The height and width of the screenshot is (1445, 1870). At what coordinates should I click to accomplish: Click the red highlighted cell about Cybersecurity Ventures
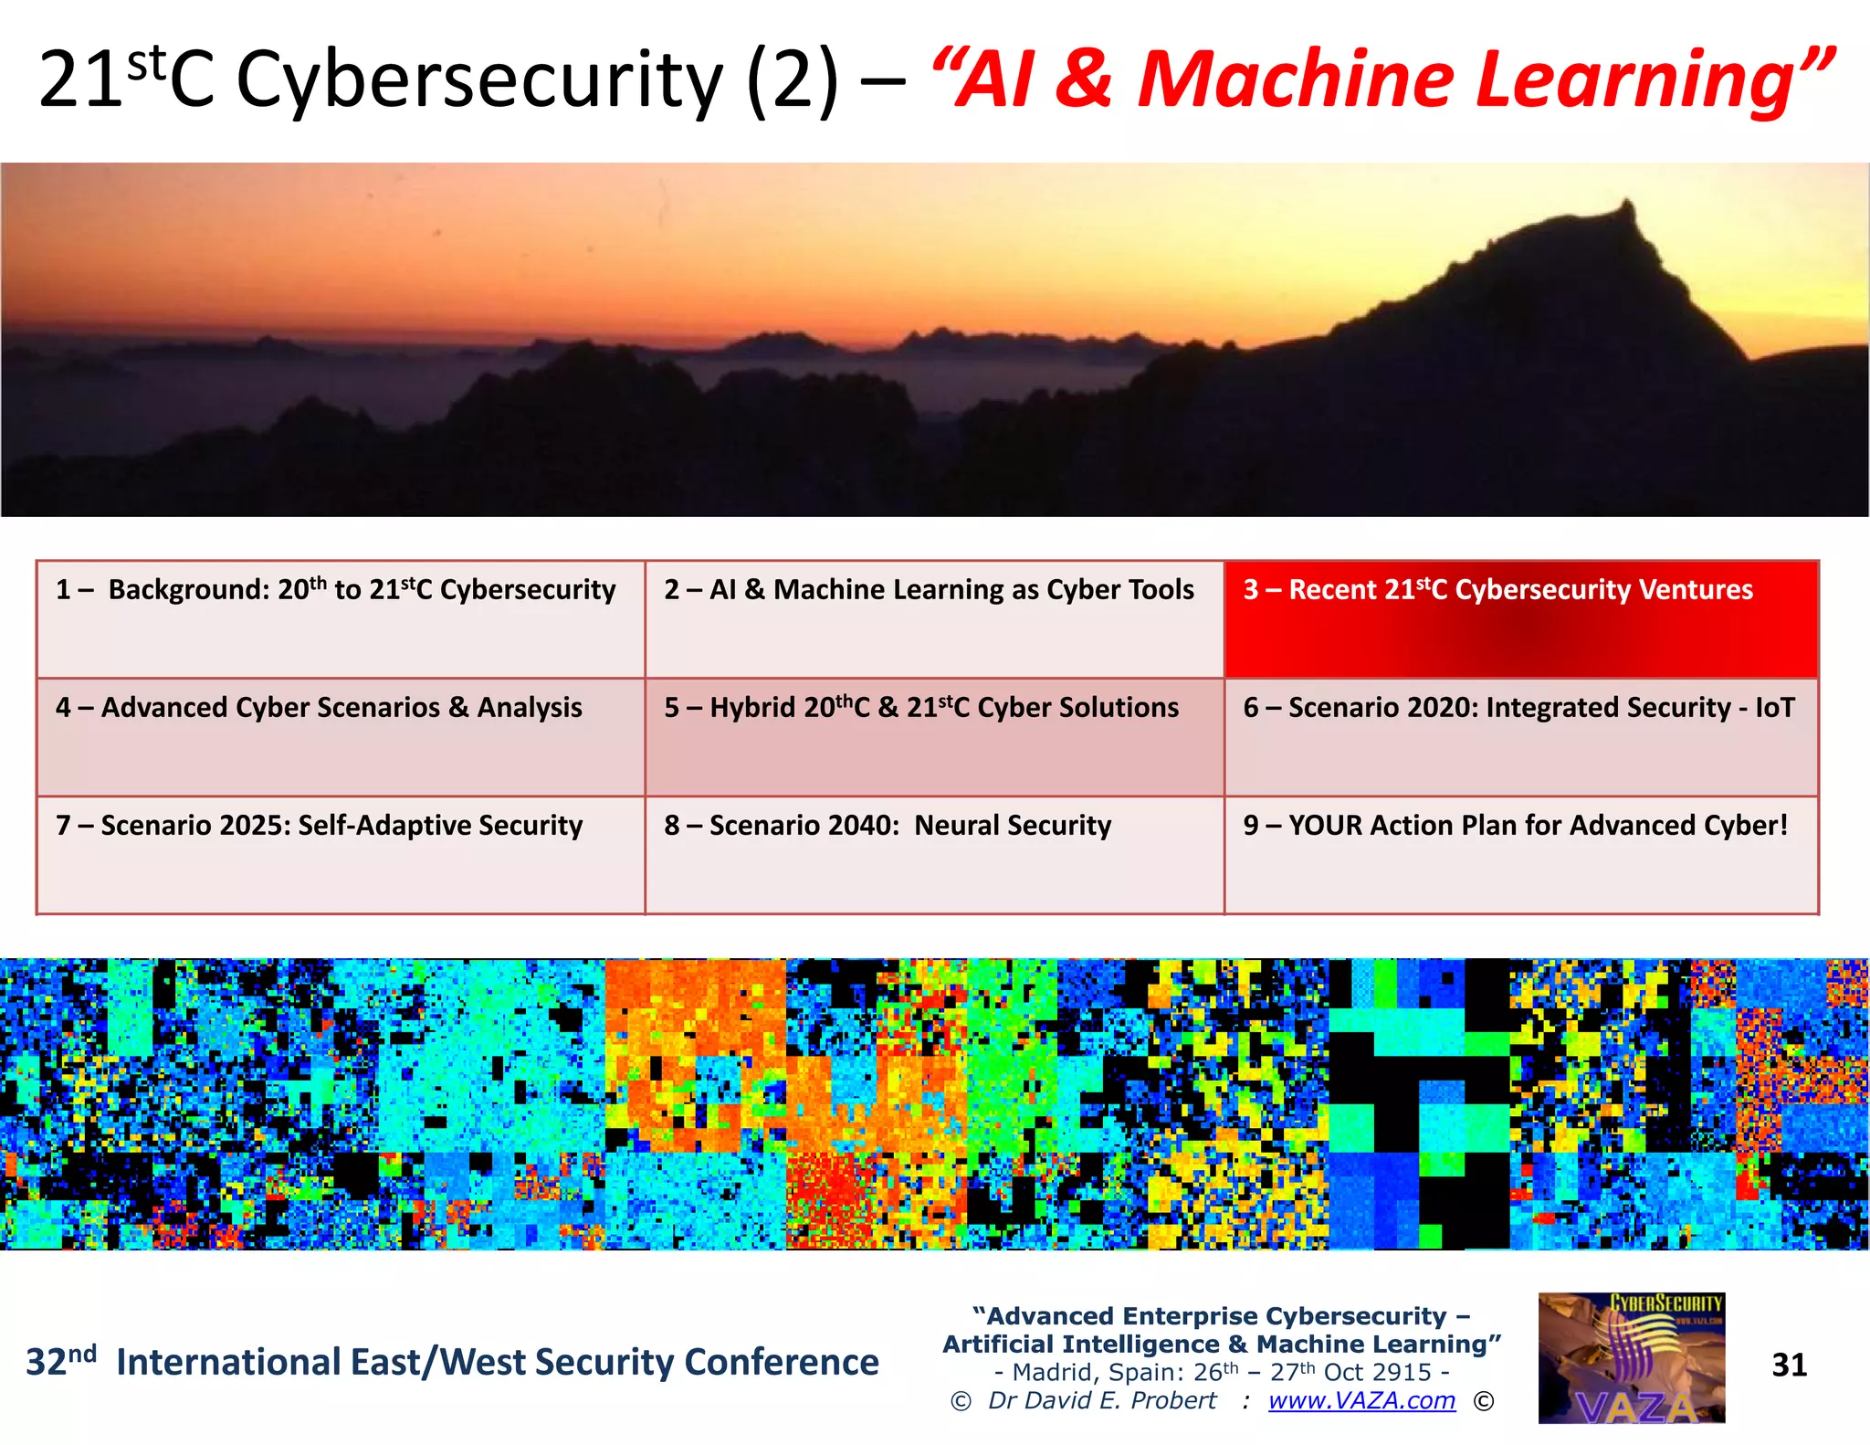pyautogui.click(x=1520, y=619)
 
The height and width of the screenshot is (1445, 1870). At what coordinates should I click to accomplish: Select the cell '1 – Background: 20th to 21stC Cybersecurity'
pyautogui.click(x=341, y=619)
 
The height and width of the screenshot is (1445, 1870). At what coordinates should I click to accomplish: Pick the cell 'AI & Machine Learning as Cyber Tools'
pyautogui.click(x=934, y=619)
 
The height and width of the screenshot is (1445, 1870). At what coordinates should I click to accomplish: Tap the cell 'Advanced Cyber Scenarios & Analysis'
pyautogui.click(x=341, y=736)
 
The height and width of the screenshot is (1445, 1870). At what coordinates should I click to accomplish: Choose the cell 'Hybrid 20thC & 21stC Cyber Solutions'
pyautogui.click(x=934, y=736)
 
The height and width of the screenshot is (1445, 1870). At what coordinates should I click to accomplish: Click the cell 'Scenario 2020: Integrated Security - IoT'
pyautogui.click(x=1520, y=736)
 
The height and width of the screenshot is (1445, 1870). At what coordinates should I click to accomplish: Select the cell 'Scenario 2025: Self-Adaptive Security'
pyautogui.click(x=341, y=854)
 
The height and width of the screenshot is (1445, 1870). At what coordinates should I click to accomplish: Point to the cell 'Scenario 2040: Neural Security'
pyautogui.click(x=934, y=854)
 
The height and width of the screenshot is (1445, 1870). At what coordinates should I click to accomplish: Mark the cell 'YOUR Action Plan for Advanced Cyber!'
pyautogui.click(x=1520, y=854)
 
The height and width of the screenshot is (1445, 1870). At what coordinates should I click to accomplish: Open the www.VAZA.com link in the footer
pyautogui.click(x=1361, y=1400)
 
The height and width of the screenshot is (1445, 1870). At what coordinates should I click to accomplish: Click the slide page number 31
pyautogui.click(x=1789, y=1365)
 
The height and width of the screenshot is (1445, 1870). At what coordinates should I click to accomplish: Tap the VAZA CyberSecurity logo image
pyautogui.click(x=1632, y=1357)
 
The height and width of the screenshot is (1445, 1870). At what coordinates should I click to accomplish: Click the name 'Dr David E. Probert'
pyautogui.click(x=1102, y=1400)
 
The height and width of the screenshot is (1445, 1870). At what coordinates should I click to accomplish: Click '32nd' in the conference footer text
pyautogui.click(x=60, y=1360)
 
